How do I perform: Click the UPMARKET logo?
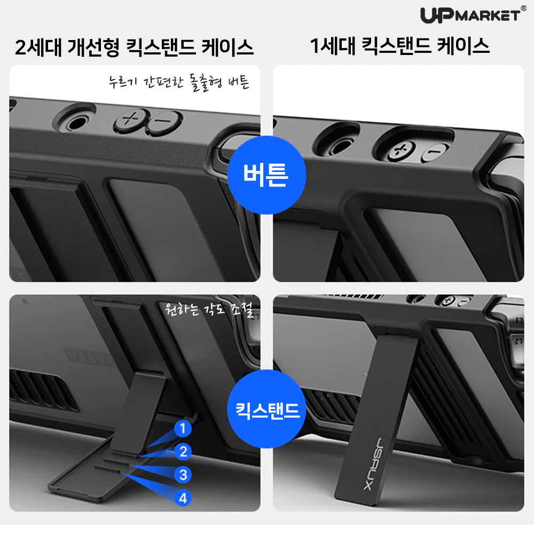(469, 15)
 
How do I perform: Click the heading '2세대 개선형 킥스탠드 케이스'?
(134, 48)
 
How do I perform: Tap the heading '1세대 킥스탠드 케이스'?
(399, 47)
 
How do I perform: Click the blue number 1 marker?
(183, 428)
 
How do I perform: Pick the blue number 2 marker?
(183, 452)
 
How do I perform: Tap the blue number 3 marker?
(183, 474)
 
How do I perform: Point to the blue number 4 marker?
(183, 498)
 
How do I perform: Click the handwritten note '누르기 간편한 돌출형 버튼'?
(178, 83)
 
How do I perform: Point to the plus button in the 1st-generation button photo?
(400, 152)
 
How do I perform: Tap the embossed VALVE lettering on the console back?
(88, 357)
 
